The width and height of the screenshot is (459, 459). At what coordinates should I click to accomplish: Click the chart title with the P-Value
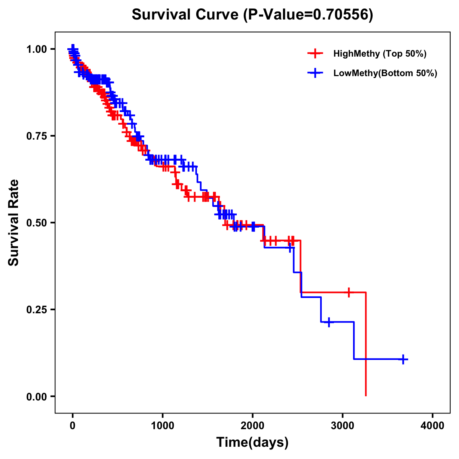coord(252,15)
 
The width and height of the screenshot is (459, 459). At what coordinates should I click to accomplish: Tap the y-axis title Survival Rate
coord(14,222)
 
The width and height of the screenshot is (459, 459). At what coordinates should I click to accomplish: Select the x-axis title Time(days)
coord(252,443)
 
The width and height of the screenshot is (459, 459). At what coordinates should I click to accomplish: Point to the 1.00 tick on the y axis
coord(37,49)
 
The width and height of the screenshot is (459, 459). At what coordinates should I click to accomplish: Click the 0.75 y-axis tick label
coord(37,136)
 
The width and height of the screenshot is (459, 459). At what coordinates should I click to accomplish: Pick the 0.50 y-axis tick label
coord(37,223)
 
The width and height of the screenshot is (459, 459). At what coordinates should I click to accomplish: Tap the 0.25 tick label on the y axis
coord(37,309)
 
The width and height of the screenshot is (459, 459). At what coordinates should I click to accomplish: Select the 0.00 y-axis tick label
coord(37,396)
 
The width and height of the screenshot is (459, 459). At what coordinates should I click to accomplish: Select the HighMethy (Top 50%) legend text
coord(380,54)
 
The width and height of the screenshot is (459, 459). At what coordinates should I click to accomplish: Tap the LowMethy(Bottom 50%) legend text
coord(385,73)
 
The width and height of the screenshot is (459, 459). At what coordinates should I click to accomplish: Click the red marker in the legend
coord(315,54)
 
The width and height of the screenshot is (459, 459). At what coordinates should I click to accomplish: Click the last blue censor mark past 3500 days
coord(403,359)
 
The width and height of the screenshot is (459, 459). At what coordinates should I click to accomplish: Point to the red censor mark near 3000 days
coord(348,292)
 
